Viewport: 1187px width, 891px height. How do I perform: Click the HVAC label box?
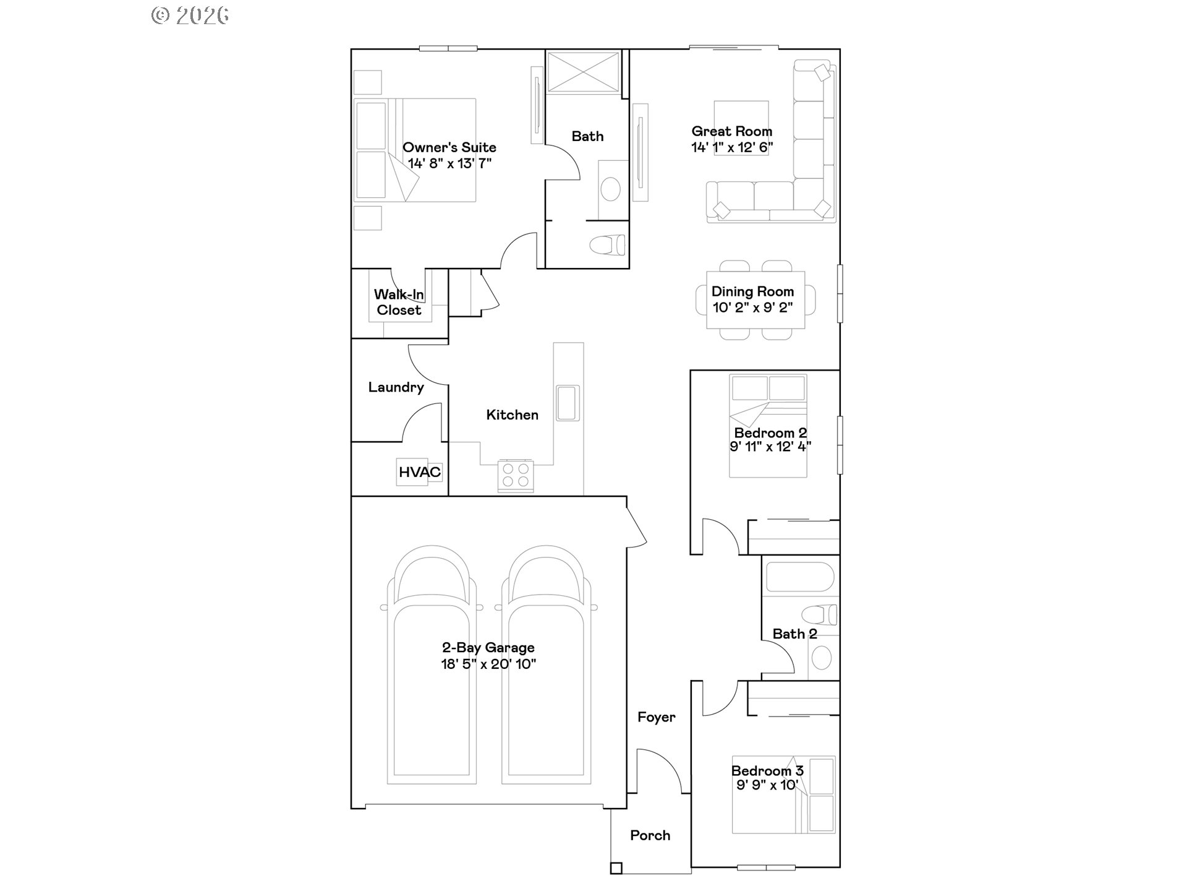[x=419, y=472]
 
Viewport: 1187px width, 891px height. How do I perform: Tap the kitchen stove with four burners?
[x=516, y=476]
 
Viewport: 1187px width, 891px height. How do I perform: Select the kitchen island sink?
[x=568, y=403]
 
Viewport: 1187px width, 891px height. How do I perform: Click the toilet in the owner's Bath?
[x=608, y=246]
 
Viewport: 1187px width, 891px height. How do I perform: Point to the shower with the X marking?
[x=583, y=72]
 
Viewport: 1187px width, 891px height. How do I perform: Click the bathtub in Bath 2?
[x=800, y=577]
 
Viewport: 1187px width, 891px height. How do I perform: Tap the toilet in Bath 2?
[x=819, y=615]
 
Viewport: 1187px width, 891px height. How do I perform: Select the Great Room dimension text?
[x=732, y=147]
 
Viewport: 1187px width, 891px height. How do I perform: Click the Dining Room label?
[x=752, y=291]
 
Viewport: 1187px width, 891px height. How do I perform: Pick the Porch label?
[x=650, y=835]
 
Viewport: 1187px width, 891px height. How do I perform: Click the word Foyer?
[x=656, y=717]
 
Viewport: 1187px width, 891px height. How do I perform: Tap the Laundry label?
[x=396, y=387]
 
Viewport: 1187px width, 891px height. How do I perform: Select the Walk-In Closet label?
[x=399, y=303]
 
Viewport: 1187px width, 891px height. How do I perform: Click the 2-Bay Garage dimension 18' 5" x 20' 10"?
[x=488, y=665]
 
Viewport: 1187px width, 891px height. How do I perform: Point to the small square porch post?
[x=616, y=868]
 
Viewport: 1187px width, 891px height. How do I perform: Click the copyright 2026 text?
[x=190, y=15]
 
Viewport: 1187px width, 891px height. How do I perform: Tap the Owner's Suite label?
[x=449, y=147]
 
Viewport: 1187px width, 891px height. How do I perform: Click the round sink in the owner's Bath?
[x=611, y=189]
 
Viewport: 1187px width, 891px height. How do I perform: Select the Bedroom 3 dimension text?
[x=767, y=785]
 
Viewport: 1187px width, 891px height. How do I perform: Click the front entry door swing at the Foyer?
[x=659, y=770]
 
